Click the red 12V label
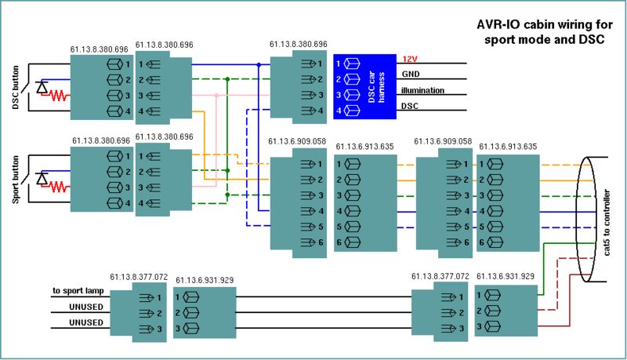[409, 59]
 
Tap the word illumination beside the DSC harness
[422, 90]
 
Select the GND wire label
[411, 74]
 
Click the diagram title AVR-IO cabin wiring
[545, 24]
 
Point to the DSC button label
[16, 88]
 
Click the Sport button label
[16, 180]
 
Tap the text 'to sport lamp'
[78, 291]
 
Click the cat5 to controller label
[607, 223]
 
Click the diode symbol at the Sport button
[42, 178]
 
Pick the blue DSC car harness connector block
[364, 87]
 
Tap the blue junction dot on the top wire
[259, 64]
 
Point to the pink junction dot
[216, 96]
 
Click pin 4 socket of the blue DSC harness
[352, 111]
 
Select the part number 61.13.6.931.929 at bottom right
[506, 276]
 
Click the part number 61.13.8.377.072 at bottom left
[139, 277]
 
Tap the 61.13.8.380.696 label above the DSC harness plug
[299, 44]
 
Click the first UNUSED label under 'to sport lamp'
[86, 307]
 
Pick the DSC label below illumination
[410, 106]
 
